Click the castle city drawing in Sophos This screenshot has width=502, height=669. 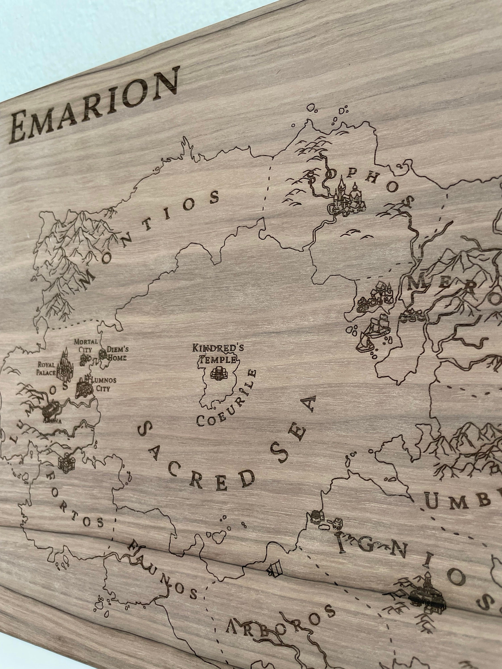[x=348, y=198]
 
